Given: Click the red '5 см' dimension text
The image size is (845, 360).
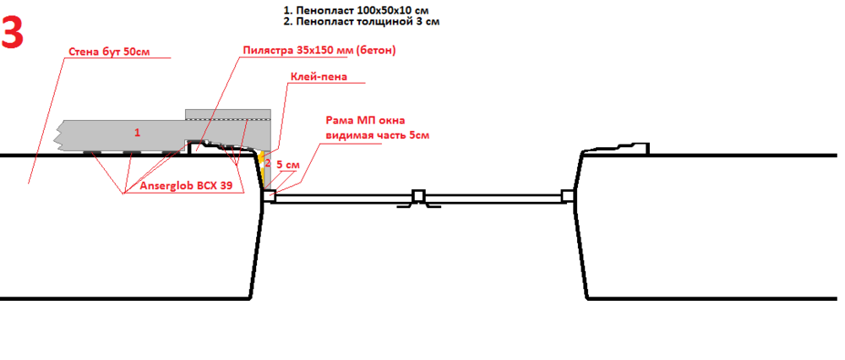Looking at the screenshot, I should coord(288,165).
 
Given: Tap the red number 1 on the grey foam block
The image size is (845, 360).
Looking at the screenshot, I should coord(137,133).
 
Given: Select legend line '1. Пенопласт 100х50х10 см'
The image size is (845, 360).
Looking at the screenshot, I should coord(357,9).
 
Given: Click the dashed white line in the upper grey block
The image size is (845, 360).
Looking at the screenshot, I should coord(228,119).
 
